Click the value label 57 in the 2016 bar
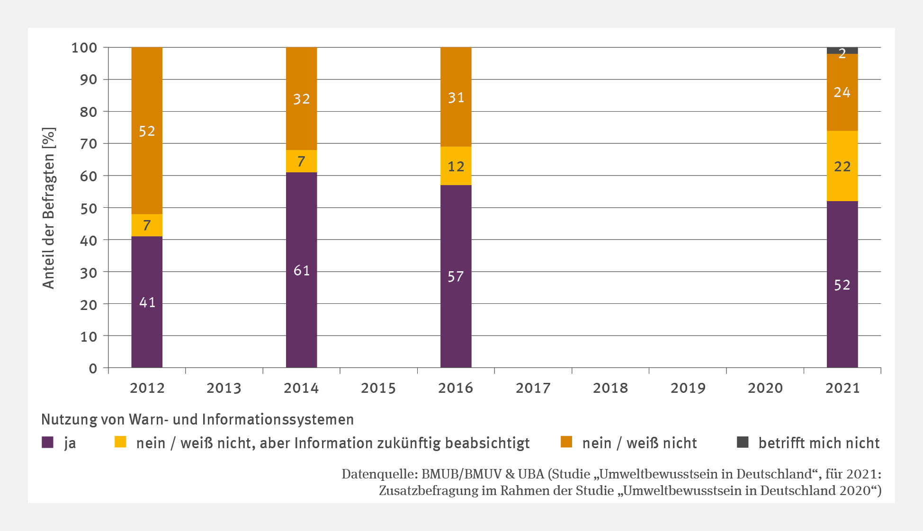click(456, 276)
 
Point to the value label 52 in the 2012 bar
click(147, 131)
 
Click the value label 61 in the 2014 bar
click(301, 270)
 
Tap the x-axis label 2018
click(610, 388)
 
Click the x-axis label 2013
click(224, 388)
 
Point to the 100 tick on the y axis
click(84, 48)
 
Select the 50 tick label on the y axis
click(88, 208)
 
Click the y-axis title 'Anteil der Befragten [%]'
click(49, 208)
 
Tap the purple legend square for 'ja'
click(47, 442)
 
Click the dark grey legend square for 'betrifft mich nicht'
click(743, 442)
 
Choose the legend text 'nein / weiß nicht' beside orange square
click(639, 443)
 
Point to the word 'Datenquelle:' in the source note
click(379, 474)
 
